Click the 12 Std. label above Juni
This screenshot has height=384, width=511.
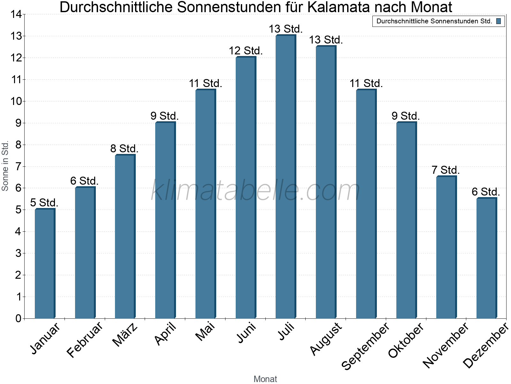point(246,51)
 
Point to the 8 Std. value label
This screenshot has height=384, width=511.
point(124,149)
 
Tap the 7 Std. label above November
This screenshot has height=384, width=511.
point(446,170)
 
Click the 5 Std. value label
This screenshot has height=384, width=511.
point(44,203)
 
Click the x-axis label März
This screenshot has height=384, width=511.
point(125,335)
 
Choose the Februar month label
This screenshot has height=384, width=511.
point(85,339)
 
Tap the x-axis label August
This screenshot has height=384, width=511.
point(326,339)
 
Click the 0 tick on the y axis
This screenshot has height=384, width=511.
point(18,318)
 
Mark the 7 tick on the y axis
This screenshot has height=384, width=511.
point(18,166)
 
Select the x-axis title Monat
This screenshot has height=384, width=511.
point(265,379)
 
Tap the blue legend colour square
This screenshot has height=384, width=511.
point(499,21)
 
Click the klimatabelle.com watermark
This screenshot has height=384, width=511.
point(256,191)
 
